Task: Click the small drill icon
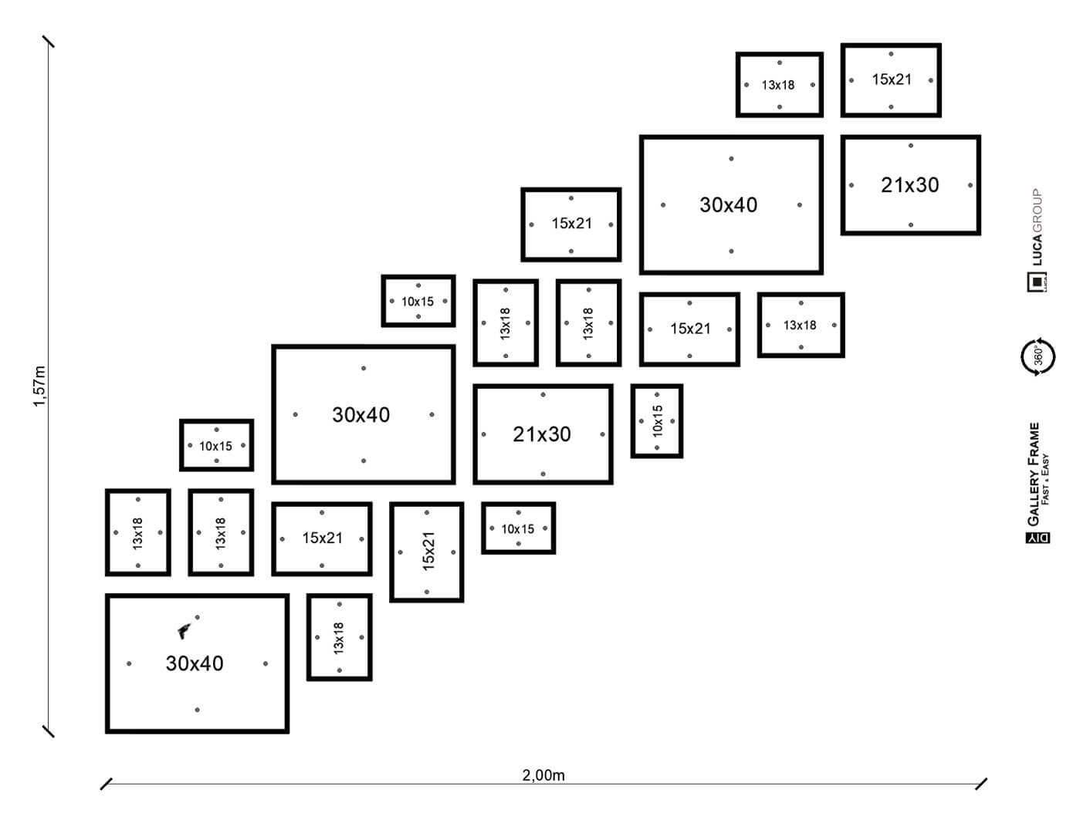coord(184,632)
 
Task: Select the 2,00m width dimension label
coord(543,775)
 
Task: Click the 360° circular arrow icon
coord(1038,356)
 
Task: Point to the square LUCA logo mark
coord(1036,283)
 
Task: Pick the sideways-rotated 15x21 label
coord(429,551)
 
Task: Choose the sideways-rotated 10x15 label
coord(658,421)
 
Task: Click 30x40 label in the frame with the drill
coord(195,663)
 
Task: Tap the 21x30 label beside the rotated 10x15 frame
coord(542,434)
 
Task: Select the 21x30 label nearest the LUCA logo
coord(910,185)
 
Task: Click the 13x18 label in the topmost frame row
coord(778,85)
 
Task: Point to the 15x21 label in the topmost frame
coord(892,79)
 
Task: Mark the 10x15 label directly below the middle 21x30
coord(517,529)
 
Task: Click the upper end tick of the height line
coord(49,41)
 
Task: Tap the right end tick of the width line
coord(981,784)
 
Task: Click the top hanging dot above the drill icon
coord(198,617)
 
